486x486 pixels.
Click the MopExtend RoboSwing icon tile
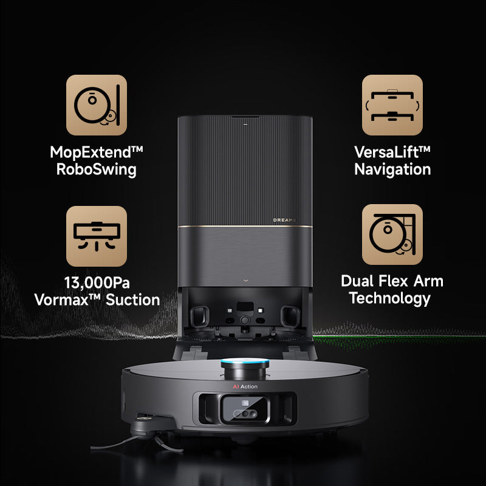pos(97,104)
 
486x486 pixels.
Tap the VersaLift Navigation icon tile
pos(392,104)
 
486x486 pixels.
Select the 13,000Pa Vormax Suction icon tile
pos(97,236)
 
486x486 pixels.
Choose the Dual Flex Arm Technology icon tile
pos(392,234)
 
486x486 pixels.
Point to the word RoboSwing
pos(96,169)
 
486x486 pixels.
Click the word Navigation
pos(392,169)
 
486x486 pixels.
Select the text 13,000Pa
pos(97,282)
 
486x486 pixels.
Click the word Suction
pos(132,300)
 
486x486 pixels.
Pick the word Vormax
pos(61,300)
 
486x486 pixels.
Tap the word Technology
pos(390,298)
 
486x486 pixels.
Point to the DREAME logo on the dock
pos(284,220)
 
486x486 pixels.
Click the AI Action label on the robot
pos(245,386)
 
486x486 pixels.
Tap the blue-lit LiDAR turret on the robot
pos(245,369)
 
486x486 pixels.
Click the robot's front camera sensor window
pos(245,409)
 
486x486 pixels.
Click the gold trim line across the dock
pos(245,226)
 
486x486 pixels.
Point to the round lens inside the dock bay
pos(245,320)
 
